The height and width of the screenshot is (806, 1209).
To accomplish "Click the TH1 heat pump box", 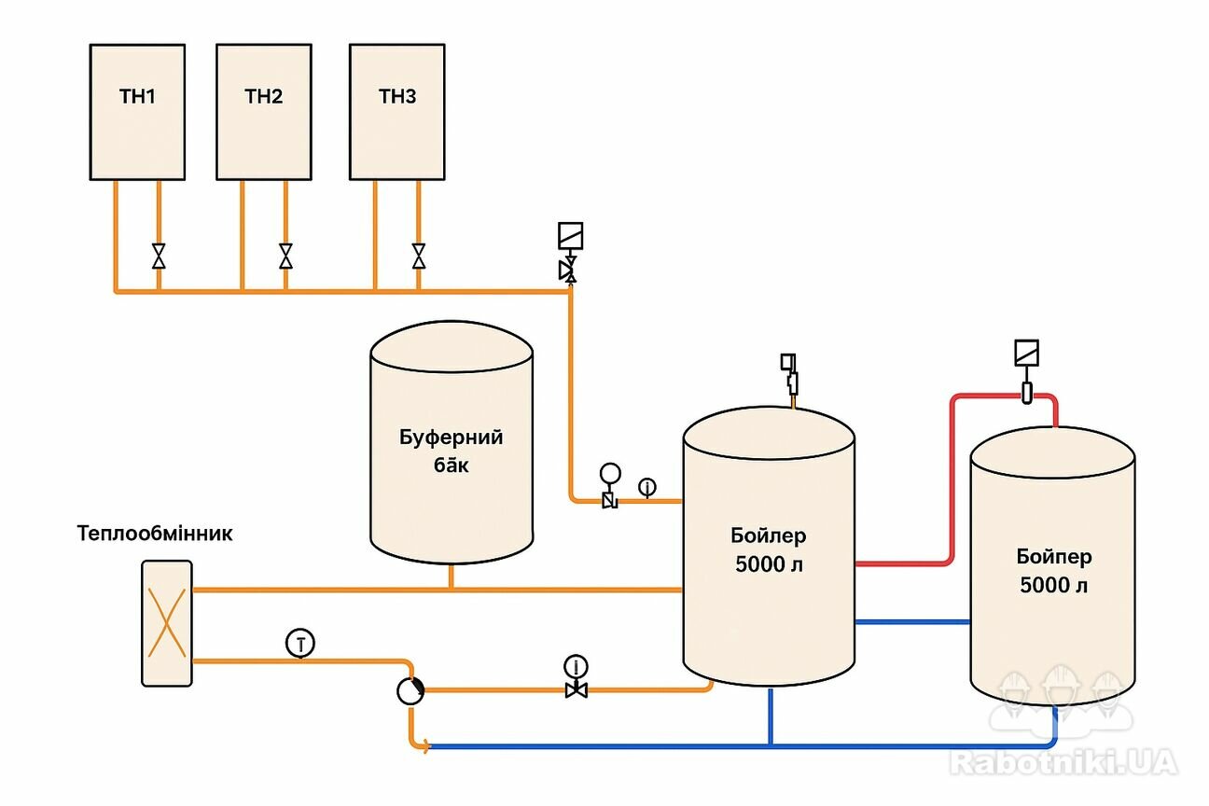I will (137, 112).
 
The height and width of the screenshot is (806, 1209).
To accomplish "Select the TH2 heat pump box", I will (264, 112).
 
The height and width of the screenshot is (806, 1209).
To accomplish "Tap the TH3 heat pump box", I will (397, 112).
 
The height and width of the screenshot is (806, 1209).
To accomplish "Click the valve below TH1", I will (159, 256).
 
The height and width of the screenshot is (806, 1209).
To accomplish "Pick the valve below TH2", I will (285, 256).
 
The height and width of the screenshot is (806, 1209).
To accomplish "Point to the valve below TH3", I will (419, 256).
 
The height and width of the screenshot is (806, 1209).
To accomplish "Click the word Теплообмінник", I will (155, 535).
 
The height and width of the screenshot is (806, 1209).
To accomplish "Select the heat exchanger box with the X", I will (167, 623).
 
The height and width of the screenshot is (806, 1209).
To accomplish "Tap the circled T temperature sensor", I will (299, 642).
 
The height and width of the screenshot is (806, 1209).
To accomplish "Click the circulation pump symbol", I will (410, 691).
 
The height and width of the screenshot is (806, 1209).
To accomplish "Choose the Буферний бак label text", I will (452, 451).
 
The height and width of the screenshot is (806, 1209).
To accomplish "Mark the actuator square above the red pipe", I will (1026, 354).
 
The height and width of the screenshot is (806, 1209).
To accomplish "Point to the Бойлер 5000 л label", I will (769, 550).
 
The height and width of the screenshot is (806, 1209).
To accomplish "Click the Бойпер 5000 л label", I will (1053, 571).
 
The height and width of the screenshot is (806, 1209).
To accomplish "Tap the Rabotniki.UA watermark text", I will (1063, 762).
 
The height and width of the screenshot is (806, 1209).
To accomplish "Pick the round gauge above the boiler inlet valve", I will (610, 475).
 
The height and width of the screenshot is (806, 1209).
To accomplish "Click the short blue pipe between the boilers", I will (912, 621).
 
